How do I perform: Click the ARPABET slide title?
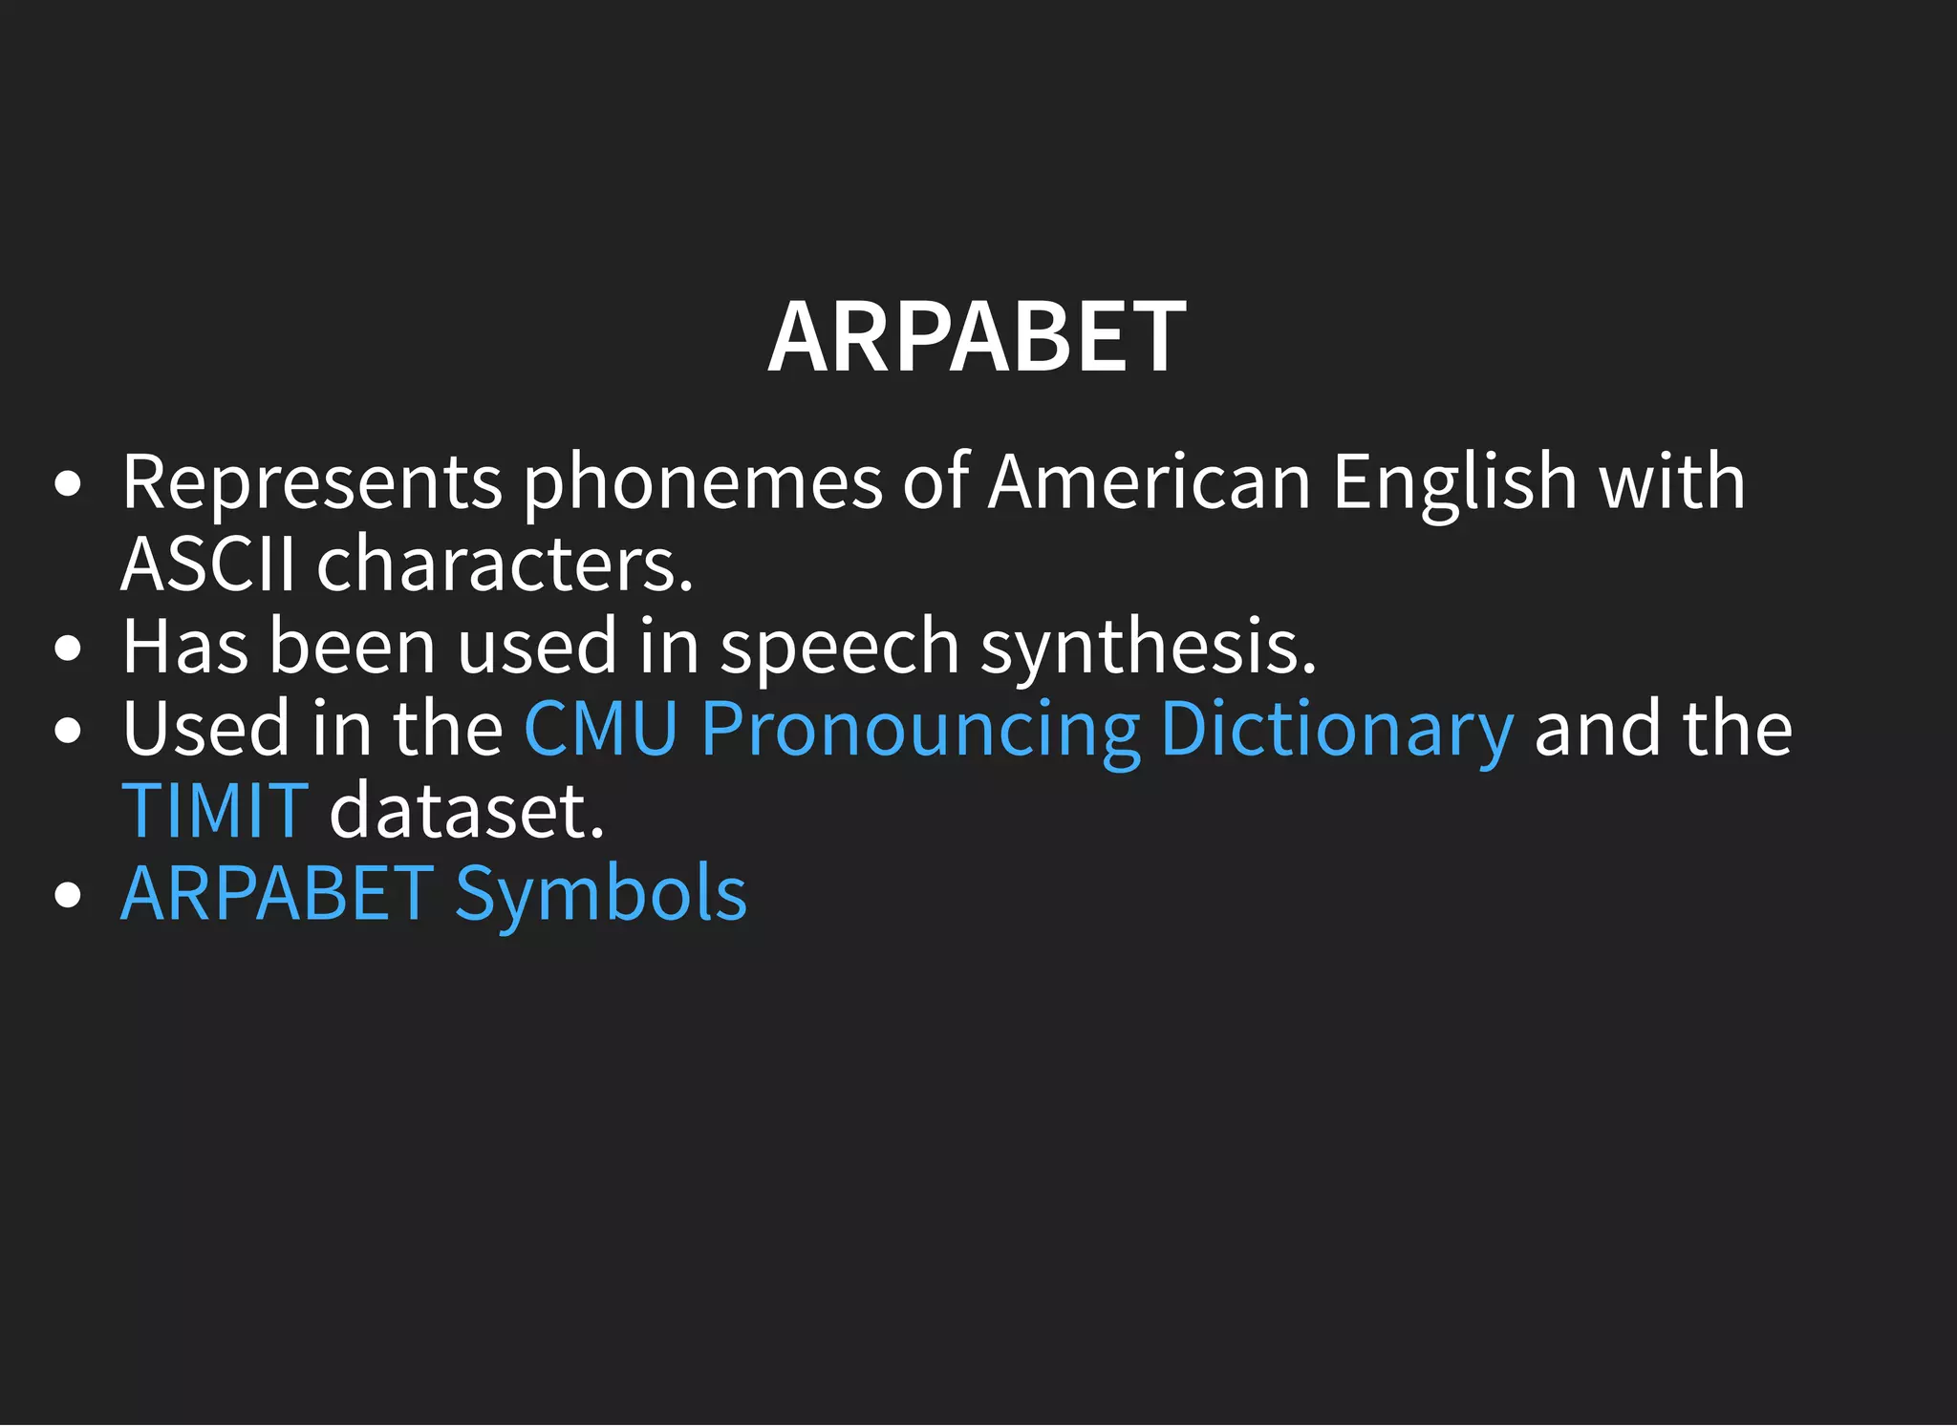click(x=977, y=337)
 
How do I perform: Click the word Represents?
click(x=312, y=482)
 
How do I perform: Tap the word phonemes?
click(x=702, y=482)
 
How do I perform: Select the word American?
click(x=1150, y=482)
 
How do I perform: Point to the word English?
click(x=1454, y=482)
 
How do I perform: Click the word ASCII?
click(x=208, y=564)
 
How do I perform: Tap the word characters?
click(x=505, y=564)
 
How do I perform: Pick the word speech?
click(x=839, y=647)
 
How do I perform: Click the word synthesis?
click(x=1149, y=647)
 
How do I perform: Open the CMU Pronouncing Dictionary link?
click(x=1019, y=730)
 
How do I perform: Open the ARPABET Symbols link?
click(x=434, y=894)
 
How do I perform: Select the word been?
click(x=353, y=647)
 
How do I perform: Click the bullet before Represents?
click(x=68, y=484)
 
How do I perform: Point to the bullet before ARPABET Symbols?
click(x=68, y=896)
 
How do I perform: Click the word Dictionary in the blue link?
click(x=1337, y=730)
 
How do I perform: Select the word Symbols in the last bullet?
click(x=601, y=894)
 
